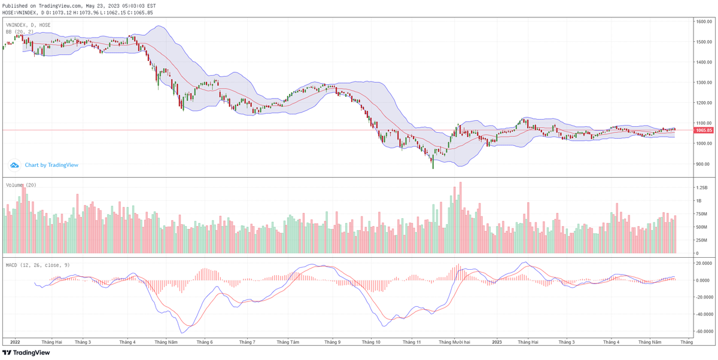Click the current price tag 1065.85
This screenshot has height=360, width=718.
(x=704, y=130)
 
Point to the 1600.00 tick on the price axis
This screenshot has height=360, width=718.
(x=704, y=22)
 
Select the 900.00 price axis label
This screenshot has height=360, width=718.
(x=702, y=164)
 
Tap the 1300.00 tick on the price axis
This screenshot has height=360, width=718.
(x=704, y=83)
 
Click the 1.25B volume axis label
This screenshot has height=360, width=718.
(x=702, y=187)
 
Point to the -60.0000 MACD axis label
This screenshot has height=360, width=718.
(x=702, y=331)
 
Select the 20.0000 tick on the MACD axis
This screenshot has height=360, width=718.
(x=702, y=263)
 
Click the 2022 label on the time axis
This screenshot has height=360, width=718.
(x=16, y=342)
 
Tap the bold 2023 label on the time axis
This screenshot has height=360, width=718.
(x=497, y=342)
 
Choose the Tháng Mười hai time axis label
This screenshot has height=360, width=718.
(x=454, y=342)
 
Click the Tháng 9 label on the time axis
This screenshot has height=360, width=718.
(x=332, y=342)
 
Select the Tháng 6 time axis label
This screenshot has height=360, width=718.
(x=205, y=342)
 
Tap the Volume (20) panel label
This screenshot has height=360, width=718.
(x=21, y=185)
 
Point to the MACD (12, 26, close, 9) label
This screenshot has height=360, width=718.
(x=37, y=264)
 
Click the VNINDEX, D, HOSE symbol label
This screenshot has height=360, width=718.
(x=28, y=25)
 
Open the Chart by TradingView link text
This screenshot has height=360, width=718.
(x=51, y=165)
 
